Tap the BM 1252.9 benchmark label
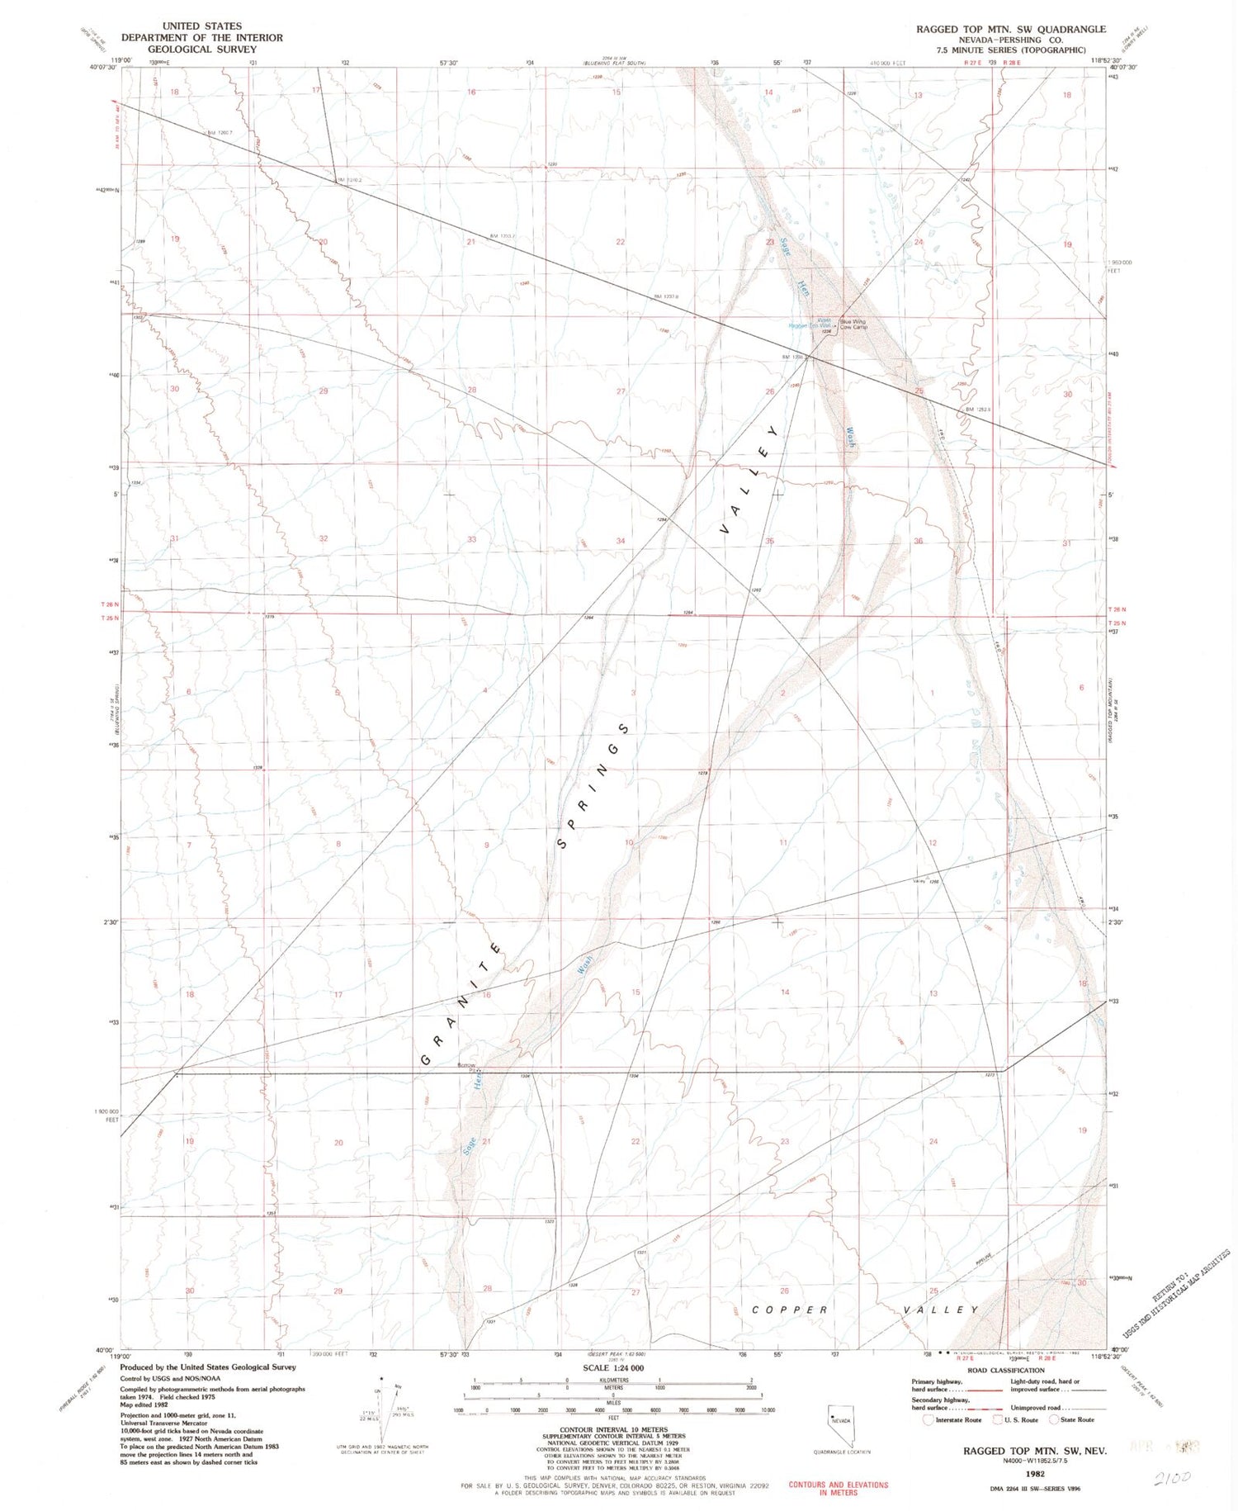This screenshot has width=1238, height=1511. coord(979,409)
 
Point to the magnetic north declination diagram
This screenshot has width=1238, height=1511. coord(382,1404)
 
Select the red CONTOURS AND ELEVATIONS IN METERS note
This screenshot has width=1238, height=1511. coord(838,1488)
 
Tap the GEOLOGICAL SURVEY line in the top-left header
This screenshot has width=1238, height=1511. coord(201,50)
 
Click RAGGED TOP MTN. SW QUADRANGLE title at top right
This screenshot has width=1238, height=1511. coord(1010,29)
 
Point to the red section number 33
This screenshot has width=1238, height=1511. coord(472,539)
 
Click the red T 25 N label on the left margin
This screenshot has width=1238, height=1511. coord(110,618)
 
